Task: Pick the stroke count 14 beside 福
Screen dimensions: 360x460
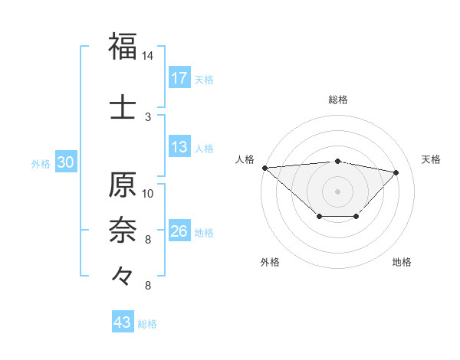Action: (148, 56)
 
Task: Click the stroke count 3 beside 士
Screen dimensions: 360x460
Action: (148, 116)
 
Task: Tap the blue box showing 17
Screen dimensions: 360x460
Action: (179, 78)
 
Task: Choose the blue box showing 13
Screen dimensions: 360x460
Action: (179, 147)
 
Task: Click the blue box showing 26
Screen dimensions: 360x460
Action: (179, 231)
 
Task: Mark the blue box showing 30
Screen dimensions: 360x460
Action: (66, 162)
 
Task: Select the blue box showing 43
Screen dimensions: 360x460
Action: (122, 322)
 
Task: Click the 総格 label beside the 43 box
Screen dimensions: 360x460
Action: (147, 324)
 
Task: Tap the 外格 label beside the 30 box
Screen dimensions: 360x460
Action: (41, 163)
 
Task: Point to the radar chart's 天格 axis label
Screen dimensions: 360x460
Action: (431, 159)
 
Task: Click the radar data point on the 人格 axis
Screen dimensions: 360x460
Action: (264, 168)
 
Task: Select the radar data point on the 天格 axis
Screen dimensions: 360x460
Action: (396, 172)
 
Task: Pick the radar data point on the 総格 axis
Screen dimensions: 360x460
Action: (337, 161)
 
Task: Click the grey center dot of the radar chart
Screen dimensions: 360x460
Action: (337, 191)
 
